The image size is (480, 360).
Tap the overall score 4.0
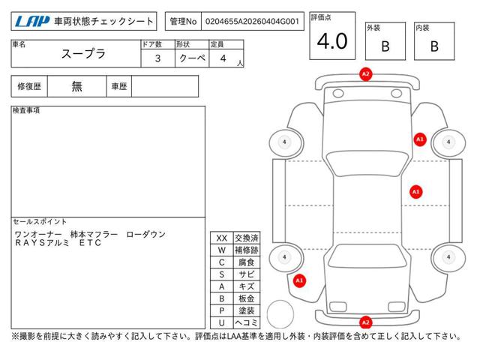332,42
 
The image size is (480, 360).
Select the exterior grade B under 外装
385,46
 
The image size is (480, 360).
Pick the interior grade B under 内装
434,46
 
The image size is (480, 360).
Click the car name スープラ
82,54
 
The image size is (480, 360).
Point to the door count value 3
157,58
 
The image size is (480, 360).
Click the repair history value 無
76,86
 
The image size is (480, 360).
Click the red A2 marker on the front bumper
366,74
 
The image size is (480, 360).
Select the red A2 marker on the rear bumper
366,322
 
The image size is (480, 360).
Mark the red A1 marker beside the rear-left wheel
299,280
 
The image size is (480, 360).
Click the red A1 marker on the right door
415,192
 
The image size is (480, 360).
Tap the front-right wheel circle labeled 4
448,142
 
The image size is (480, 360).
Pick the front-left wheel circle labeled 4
284,142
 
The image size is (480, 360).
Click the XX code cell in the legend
221,237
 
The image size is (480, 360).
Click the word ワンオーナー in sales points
37,235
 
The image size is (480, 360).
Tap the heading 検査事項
26,110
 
